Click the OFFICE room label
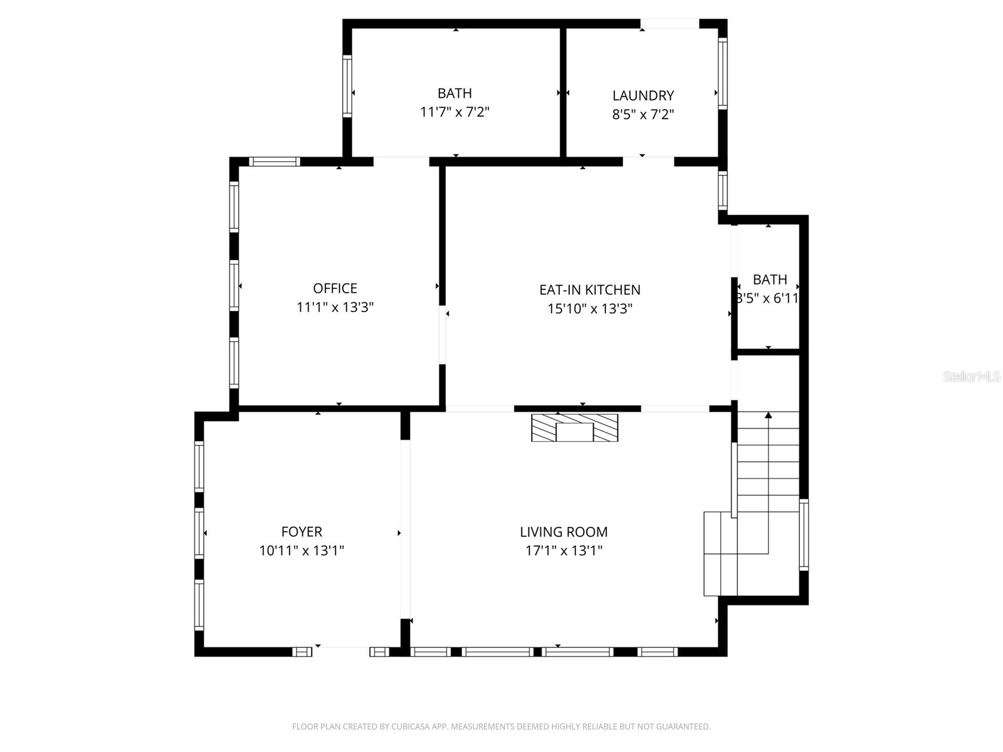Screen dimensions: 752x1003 335,288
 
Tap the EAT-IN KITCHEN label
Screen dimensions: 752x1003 589,290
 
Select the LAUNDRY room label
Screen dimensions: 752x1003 643,95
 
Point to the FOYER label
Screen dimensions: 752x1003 302,532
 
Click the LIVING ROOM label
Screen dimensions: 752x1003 564,532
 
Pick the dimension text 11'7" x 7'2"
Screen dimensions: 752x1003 454,112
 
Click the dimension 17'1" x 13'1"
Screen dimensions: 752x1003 564,551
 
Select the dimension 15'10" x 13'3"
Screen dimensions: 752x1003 589,309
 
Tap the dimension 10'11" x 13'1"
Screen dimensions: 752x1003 302,551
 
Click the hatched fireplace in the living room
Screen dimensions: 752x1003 574,427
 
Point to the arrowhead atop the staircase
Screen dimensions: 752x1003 769,414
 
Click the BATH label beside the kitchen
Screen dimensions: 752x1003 770,279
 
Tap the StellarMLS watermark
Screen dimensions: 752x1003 972,377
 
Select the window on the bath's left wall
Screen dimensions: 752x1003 347,86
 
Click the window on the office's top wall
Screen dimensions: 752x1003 275,162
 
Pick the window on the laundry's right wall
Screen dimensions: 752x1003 722,73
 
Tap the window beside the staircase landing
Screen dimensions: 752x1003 804,535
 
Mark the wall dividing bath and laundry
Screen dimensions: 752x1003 563,92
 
